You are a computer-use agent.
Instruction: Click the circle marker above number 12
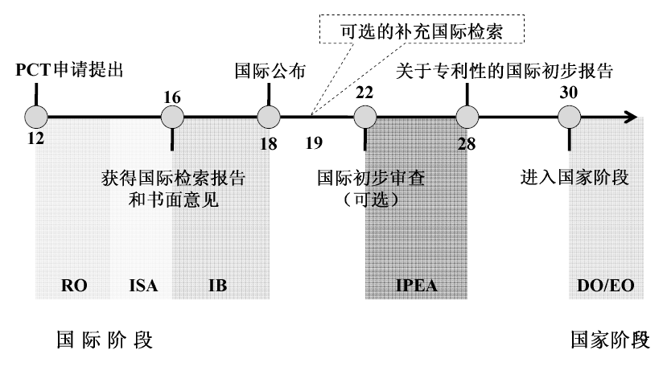[x=36, y=117]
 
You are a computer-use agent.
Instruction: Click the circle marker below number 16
[x=172, y=117]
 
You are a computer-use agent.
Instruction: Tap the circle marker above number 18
[x=267, y=117]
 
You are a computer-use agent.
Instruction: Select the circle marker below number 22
[x=364, y=117]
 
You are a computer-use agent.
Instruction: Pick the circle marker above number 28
[x=467, y=117]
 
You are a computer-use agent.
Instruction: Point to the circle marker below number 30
[x=570, y=117]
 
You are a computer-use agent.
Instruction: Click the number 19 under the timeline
[x=315, y=143]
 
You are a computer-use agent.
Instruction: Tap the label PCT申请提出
[x=70, y=70]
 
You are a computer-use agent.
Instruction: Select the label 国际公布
[x=270, y=70]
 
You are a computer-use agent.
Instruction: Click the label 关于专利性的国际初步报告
[x=505, y=70]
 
